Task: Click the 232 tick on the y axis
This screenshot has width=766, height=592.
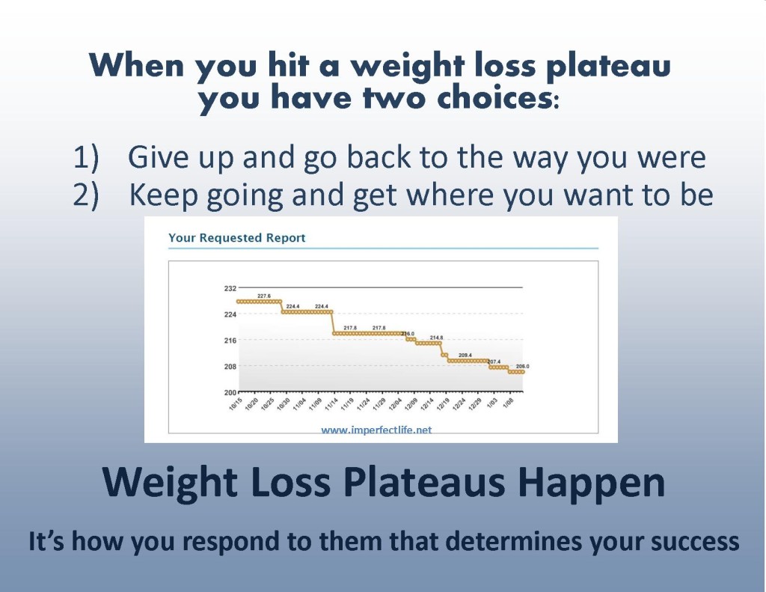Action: [230, 288]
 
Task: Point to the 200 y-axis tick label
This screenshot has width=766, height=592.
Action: [230, 392]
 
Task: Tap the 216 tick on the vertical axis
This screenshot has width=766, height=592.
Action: [230, 341]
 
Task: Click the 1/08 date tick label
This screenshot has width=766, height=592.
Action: [508, 404]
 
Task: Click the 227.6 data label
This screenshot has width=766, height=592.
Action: [264, 296]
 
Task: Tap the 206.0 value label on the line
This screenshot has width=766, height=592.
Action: [523, 366]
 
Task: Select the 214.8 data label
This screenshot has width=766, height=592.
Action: [437, 338]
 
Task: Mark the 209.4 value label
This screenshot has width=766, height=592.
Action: [465, 355]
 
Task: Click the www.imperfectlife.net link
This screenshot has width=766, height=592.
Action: [376, 430]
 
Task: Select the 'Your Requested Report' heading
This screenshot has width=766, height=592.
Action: [237, 238]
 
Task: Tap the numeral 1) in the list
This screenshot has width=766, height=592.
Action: [86, 157]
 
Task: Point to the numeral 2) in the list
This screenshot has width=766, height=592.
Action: [86, 195]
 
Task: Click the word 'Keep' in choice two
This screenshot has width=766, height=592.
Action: [164, 195]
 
